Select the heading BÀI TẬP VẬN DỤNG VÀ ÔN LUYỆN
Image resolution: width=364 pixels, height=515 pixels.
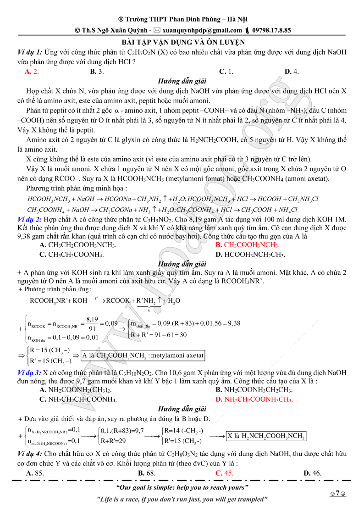[182, 42]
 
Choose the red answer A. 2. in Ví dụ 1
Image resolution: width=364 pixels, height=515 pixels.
[32, 71]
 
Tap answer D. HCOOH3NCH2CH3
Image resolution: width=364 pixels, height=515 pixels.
[250, 255]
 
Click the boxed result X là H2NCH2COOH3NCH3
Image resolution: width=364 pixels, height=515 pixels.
[266, 436]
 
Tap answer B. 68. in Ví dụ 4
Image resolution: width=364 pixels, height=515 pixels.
[146, 473]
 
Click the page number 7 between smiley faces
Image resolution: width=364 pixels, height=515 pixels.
[337, 493]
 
